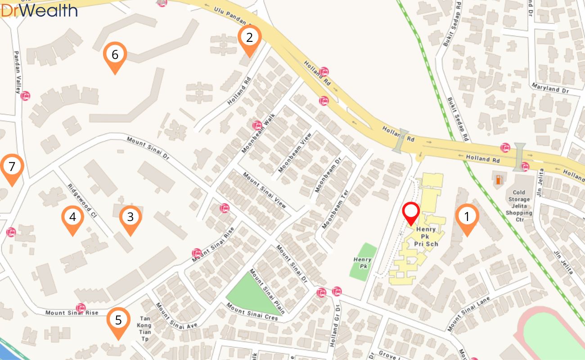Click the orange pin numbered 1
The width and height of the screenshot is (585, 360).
point(467,217)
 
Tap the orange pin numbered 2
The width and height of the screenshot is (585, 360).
point(250,38)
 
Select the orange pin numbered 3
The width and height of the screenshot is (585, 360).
point(130,218)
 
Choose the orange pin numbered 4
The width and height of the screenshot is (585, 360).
point(73,218)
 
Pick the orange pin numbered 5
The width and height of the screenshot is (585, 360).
point(118,320)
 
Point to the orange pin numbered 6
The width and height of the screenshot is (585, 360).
point(115,55)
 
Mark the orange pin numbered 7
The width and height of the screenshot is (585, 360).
point(12,167)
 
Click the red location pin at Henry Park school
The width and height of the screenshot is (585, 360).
point(411,212)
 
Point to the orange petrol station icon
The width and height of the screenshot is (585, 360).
point(499,180)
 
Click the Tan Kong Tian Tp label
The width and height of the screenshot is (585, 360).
point(144,328)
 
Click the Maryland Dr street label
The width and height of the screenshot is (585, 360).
point(550,87)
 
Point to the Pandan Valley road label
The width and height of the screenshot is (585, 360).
point(18,72)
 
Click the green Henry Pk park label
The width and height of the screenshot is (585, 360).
point(362,262)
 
